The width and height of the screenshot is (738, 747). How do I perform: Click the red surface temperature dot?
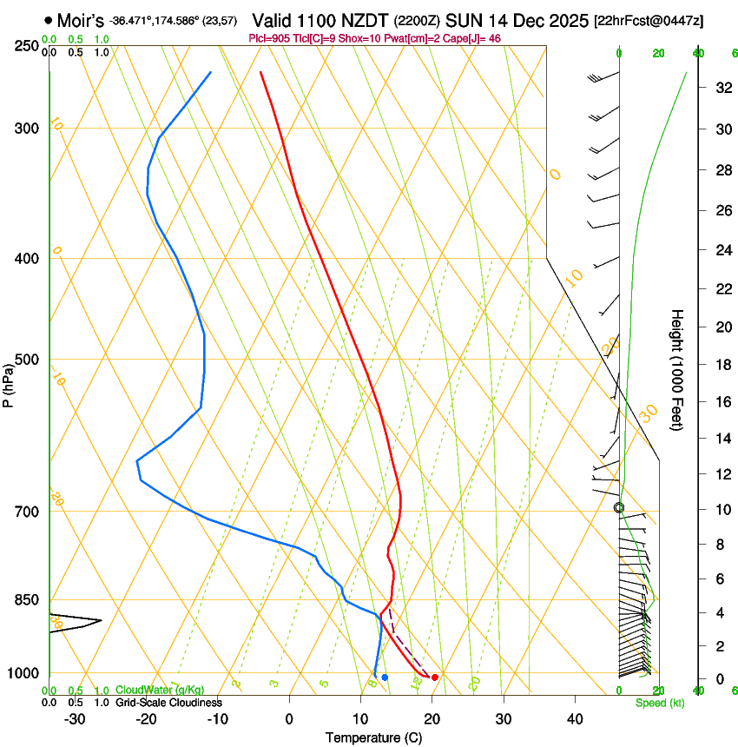tap(435, 678)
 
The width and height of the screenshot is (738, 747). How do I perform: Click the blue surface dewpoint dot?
tap(385, 678)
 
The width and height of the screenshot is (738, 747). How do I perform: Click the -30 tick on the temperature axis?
tap(75, 719)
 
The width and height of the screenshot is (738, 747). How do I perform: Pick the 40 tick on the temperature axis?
tap(574, 719)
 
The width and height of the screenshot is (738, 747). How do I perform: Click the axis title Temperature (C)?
tap(372, 737)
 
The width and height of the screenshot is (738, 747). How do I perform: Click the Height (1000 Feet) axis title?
tap(677, 370)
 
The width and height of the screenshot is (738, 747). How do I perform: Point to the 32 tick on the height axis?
tap(721, 88)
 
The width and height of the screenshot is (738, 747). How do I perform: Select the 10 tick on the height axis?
tap(721, 509)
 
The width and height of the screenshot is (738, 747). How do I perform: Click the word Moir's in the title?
tap(81, 20)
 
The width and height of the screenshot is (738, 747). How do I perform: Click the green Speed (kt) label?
tap(660, 703)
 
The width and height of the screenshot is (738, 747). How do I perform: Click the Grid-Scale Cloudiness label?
tap(168, 703)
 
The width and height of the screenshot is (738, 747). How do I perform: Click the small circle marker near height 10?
tap(619, 508)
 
